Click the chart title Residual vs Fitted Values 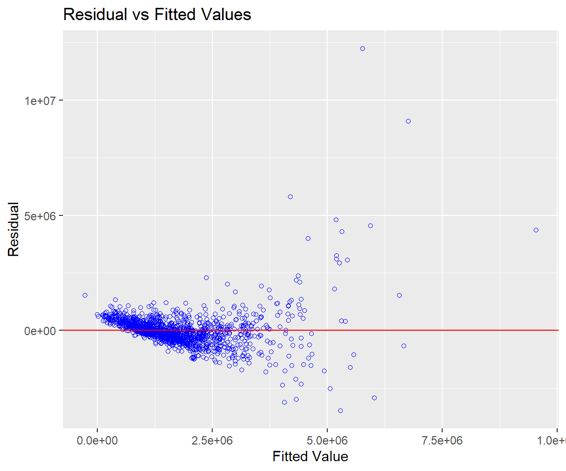[157, 15]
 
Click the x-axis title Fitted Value [310, 456]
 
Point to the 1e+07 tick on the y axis [42, 101]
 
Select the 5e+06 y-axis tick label [42, 215]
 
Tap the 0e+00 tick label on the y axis [42, 330]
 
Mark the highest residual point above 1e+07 [363, 49]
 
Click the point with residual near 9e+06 [408, 121]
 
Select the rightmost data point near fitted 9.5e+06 [536, 230]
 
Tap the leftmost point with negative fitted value [85, 295]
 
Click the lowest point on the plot [340, 411]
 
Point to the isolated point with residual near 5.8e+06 [290, 197]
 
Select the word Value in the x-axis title [330, 456]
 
